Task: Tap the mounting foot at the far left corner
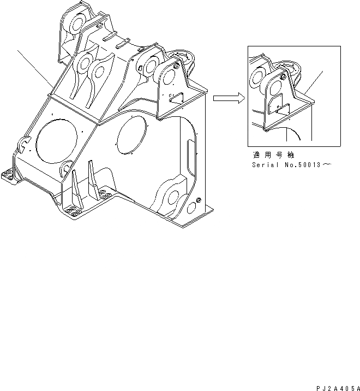(x=8, y=175)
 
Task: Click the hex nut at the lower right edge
(x=197, y=200)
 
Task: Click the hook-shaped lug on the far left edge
(x=23, y=145)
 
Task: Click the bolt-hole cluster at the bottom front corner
(x=70, y=212)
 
